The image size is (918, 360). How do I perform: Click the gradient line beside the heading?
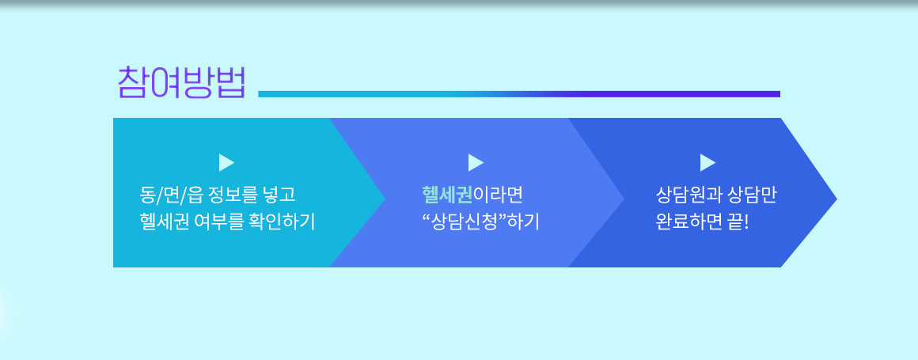(518, 93)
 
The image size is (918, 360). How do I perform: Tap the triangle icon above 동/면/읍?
(226, 163)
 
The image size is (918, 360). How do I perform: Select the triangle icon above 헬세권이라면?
(476, 163)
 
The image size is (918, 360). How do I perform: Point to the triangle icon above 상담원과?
(707, 163)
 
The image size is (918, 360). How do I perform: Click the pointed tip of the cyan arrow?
(385, 199)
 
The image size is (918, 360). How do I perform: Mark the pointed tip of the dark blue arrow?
(836, 199)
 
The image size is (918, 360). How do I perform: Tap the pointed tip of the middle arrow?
(624, 199)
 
